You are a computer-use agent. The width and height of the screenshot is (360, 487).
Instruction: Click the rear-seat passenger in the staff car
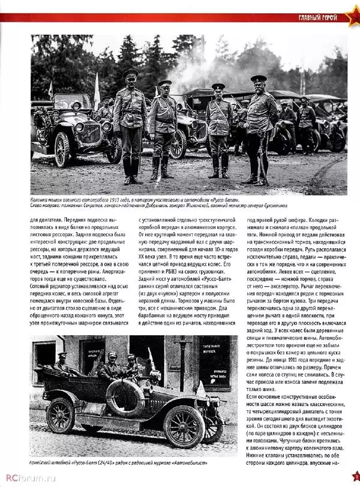tap(62, 363)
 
